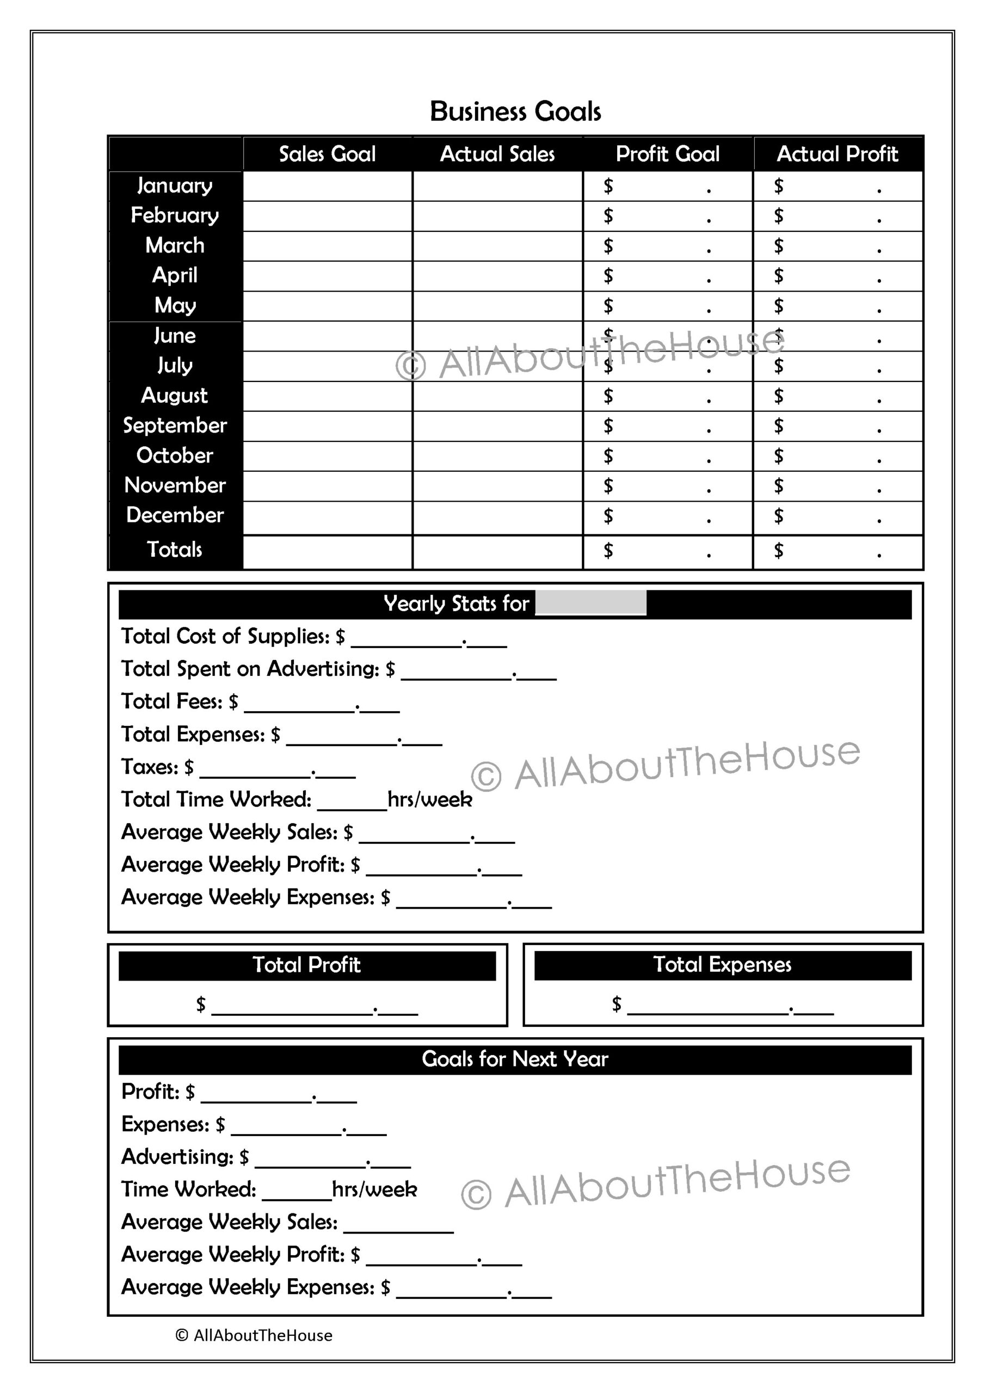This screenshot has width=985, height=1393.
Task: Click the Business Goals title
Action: [x=515, y=112]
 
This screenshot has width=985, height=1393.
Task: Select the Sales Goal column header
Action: [x=327, y=154]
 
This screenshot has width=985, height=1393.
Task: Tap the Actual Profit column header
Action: [x=838, y=154]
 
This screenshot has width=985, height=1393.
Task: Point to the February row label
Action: [x=175, y=215]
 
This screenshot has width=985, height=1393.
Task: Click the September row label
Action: [x=175, y=426]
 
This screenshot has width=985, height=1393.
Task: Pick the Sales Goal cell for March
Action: [x=327, y=246]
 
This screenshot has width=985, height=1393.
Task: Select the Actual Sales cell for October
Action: [x=497, y=455]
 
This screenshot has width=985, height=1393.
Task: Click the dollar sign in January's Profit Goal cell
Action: [x=608, y=186]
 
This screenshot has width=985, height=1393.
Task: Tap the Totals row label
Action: [x=175, y=550]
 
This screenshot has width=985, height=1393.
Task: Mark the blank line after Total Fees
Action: [x=322, y=706]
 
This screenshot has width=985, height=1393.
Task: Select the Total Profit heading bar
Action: [x=306, y=965]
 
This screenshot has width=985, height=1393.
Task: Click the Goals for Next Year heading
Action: [x=515, y=1059]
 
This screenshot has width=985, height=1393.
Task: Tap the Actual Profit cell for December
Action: [x=838, y=517]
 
